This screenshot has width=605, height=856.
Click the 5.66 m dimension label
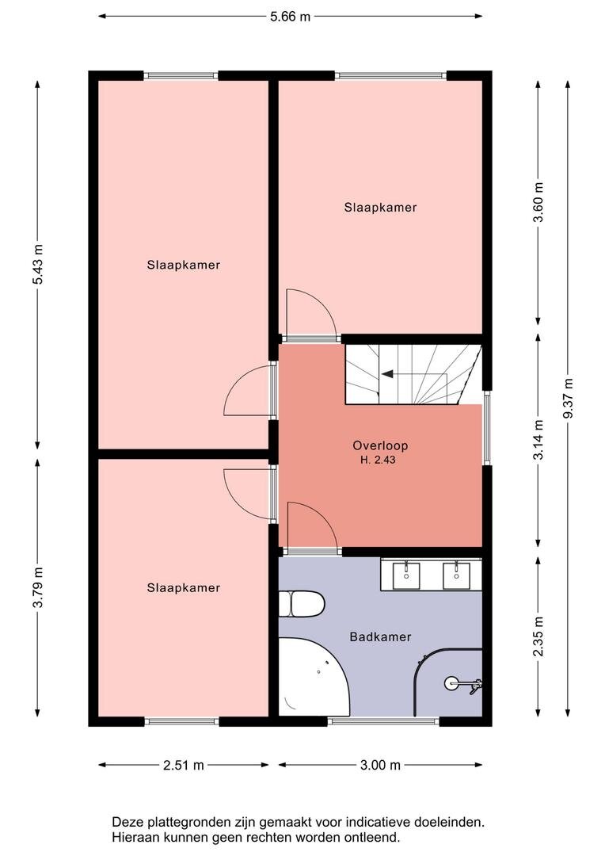290,17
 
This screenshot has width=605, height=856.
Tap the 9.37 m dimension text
568,398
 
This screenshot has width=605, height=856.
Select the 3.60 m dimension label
538,202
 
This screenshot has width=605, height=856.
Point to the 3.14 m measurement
538,439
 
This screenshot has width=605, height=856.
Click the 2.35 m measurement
538,636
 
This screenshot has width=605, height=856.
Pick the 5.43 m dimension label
38,264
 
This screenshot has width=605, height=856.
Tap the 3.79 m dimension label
38,587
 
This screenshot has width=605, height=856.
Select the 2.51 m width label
183,766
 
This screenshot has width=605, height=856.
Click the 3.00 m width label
380,766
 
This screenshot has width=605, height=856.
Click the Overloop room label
380,445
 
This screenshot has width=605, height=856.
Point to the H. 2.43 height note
378,460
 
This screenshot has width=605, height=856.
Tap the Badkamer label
380,636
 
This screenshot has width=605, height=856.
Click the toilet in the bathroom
302,604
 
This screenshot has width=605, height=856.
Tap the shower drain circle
451,683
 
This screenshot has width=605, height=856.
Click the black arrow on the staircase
388,374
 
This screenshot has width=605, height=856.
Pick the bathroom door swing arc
321,516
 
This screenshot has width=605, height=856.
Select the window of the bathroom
383,722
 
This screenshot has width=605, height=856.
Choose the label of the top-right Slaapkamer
380,208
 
